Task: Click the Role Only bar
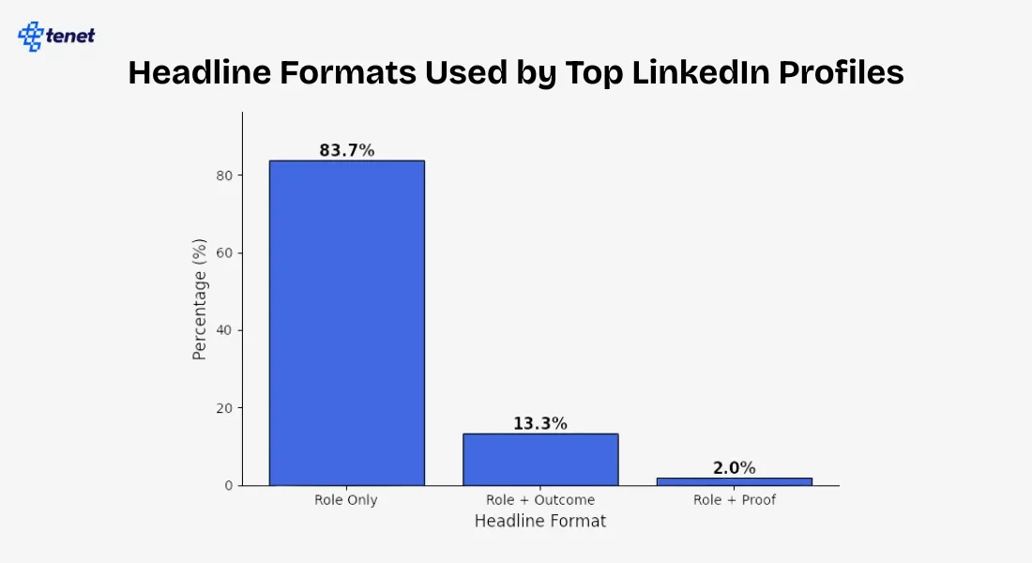pyautogui.click(x=346, y=323)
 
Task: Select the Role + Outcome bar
pyautogui.click(x=539, y=459)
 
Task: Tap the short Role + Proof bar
pyautogui.click(x=734, y=481)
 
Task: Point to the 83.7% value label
pyautogui.click(x=346, y=150)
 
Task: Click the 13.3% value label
pyautogui.click(x=539, y=423)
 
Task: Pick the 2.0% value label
pyautogui.click(x=734, y=468)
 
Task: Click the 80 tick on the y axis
pyautogui.click(x=223, y=175)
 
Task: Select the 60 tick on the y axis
pyautogui.click(x=223, y=253)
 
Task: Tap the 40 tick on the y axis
pyautogui.click(x=223, y=330)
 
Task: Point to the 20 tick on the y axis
pyautogui.click(x=223, y=408)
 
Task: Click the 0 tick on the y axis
pyautogui.click(x=227, y=486)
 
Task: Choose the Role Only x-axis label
pyautogui.click(x=346, y=500)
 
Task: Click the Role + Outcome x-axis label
pyautogui.click(x=539, y=500)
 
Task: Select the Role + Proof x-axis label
pyautogui.click(x=734, y=500)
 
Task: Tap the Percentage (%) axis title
pyautogui.click(x=199, y=298)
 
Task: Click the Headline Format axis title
pyautogui.click(x=539, y=521)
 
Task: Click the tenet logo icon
pyautogui.click(x=31, y=37)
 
